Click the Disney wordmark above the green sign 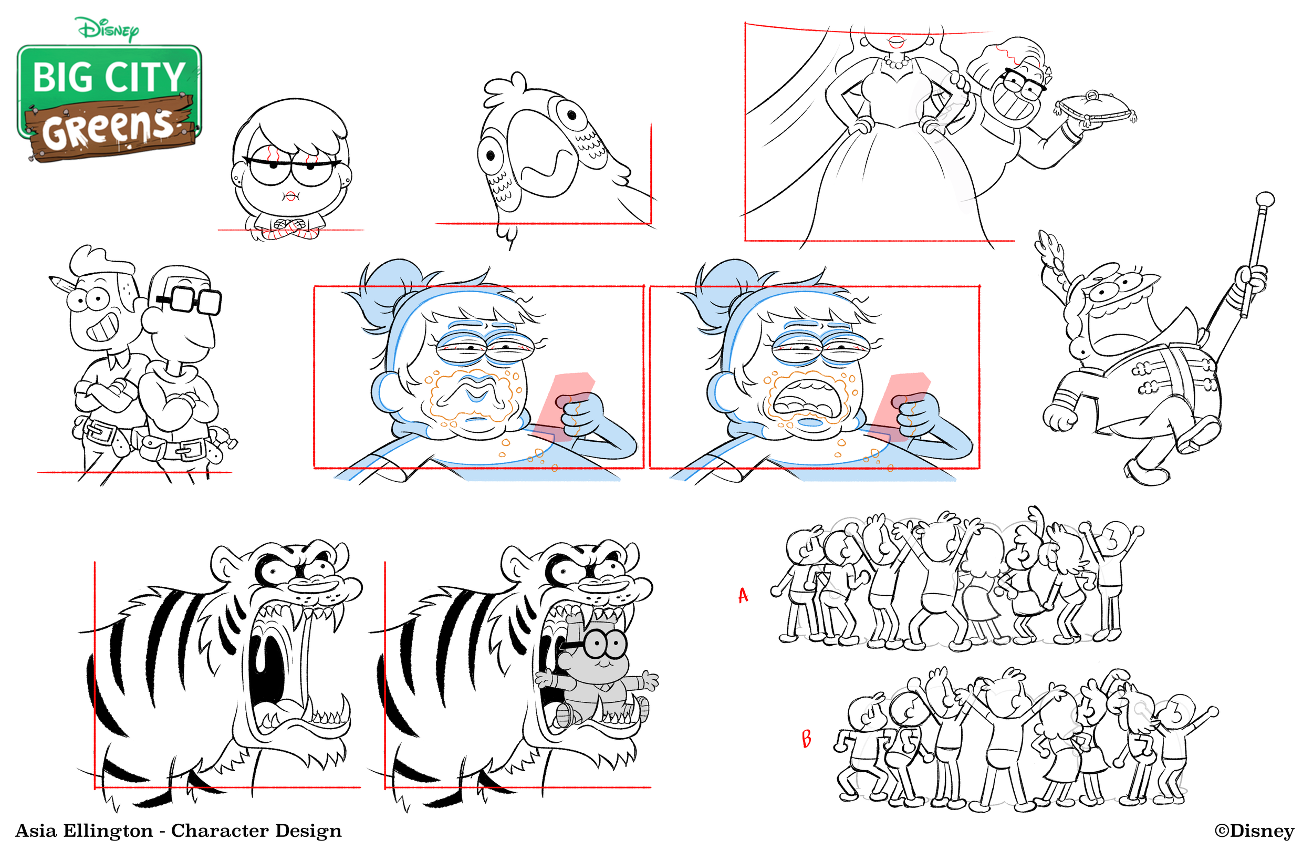(108, 29)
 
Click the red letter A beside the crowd (744, 596)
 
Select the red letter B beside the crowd (807, 739)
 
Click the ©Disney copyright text (1254, 831)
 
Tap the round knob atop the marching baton (1265, 200)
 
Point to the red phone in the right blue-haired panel (899, 406)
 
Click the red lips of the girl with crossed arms (290, 195)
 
